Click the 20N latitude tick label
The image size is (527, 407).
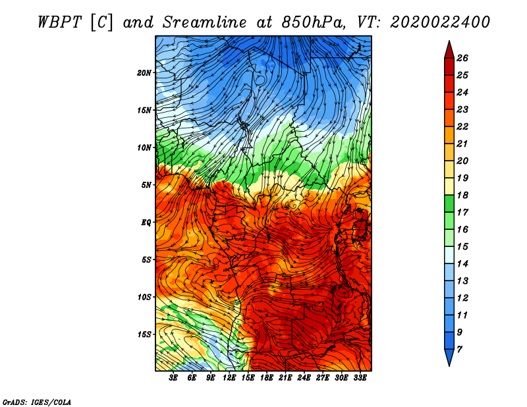click(x=144, y=72)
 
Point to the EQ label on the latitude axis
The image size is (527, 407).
click(x=146, y=222)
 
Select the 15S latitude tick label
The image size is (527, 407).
click(x=144, y=335)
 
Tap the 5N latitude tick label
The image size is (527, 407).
click(x=146, y=185)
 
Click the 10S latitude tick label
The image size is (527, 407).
click(x=144, y=297)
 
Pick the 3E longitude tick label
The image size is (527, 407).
click(x=173, y=377)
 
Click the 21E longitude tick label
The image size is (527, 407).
click(x=285, y=377)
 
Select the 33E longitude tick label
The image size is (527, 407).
click(x=360, y=377)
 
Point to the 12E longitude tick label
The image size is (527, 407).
click(x=229, y=377)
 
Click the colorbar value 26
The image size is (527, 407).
click(x=462, y=58)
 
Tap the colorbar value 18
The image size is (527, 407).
click(x=462, y=195)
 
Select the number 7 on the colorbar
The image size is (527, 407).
click(x=459, y=350)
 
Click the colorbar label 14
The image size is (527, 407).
click(x=462, y=264)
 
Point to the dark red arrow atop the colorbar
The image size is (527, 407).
click(x=449, y=49)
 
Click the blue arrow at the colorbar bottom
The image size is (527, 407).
click(x=449, y=358)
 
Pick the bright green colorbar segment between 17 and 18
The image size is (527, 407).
click(x=449, y=203)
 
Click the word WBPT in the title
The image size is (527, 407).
click(x=59, y=22)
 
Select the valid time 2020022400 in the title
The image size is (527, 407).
click(x=440, y=22)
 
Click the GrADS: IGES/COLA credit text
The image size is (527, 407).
click(x=37, y=402)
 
